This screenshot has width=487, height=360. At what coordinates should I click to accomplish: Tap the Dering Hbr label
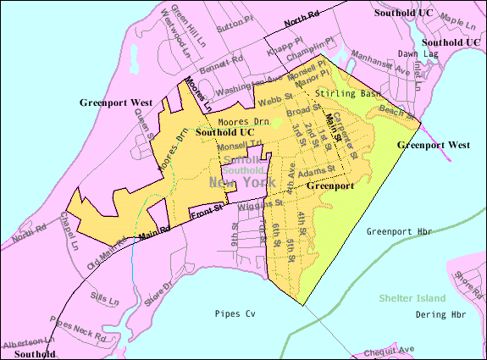440,314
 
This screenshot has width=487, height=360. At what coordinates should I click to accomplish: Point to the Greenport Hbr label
399,231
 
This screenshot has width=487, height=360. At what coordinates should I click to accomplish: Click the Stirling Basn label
345,92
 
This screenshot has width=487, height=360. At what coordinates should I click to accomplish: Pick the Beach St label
398,111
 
